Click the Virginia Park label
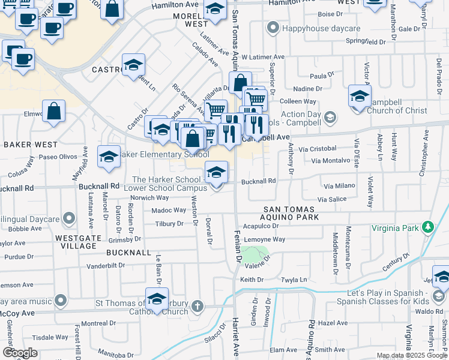pos(396,228)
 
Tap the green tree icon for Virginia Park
pos(427,227)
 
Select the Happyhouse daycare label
pos(321,28)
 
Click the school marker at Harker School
pos(217,173)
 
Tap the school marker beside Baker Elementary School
pos(109,157)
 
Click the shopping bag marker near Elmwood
pos(54,111)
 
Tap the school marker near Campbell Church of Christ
pos(360,97)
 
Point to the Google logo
pos(19,353)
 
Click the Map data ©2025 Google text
pos(412,355)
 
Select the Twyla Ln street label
pos(294,280)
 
